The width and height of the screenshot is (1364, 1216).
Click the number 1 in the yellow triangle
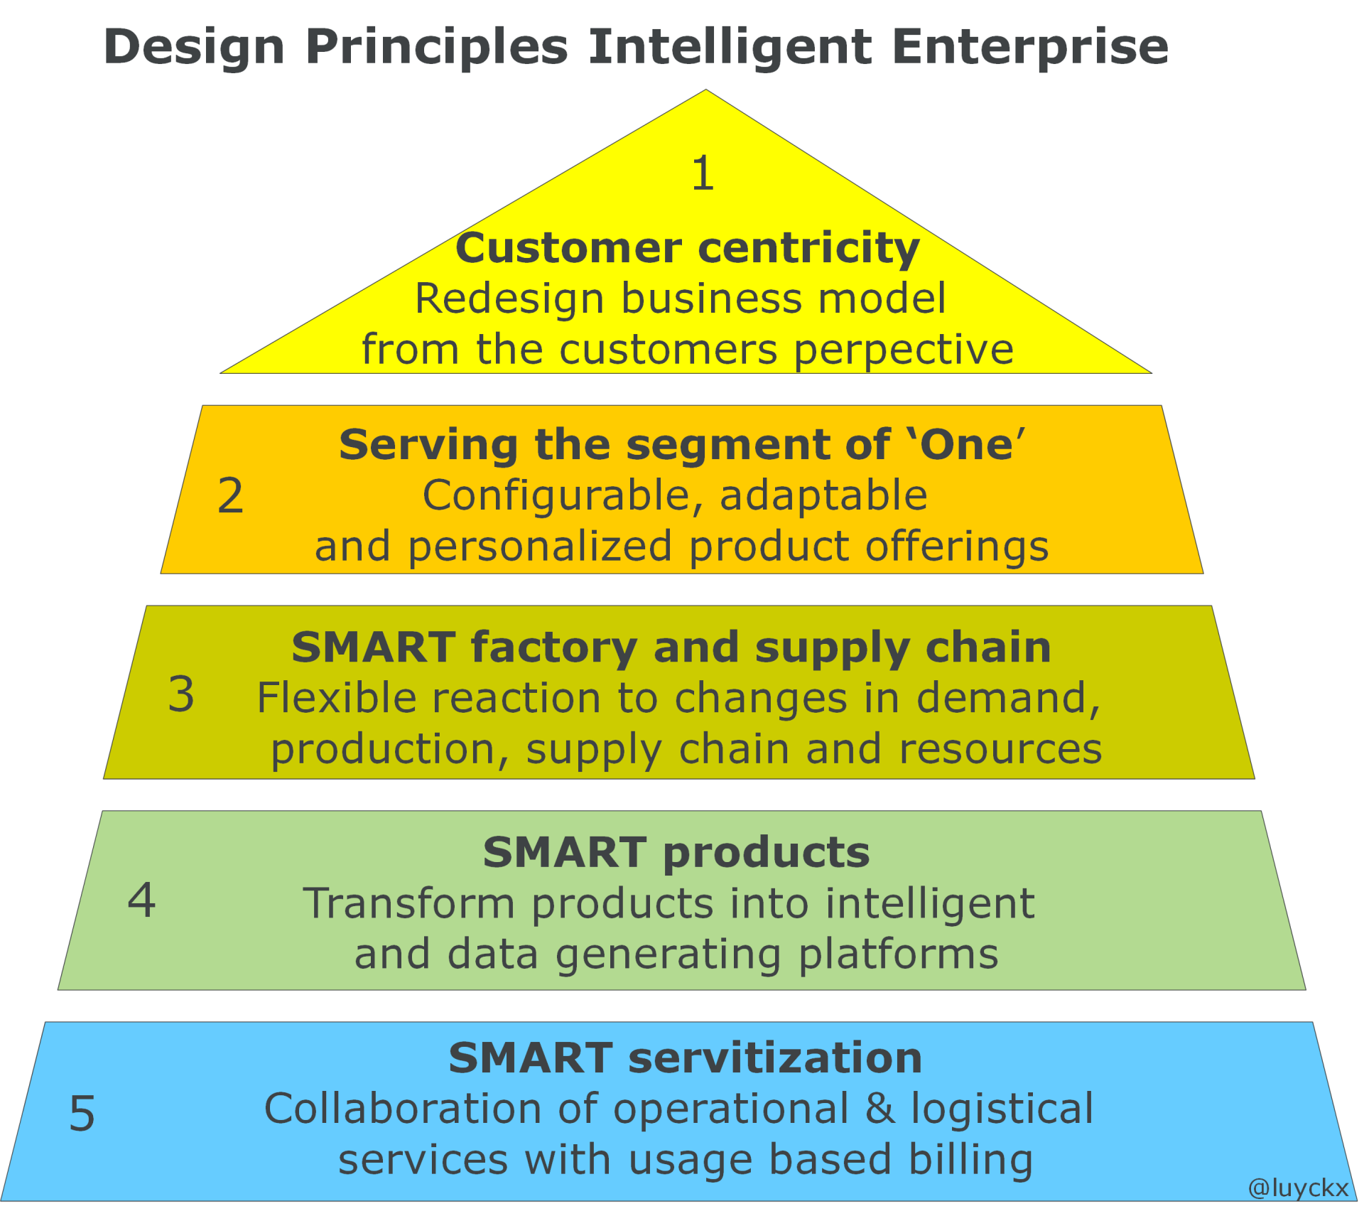[x=703, y=173]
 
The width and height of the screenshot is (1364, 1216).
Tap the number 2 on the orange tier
[x=230, y=495]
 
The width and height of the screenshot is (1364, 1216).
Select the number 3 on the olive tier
[x=181, y=694]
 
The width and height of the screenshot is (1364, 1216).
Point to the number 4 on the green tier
[x=141, y=900]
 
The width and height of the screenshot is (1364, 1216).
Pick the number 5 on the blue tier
[x=82, y=1112]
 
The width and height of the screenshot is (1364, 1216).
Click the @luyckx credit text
[x=1298, y=1188]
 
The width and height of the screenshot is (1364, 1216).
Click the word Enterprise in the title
[x=1030, y=48]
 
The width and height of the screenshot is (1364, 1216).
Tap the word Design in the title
[x=194, y=48]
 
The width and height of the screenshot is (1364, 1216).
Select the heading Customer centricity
[x=688, y=248]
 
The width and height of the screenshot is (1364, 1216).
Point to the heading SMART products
[x=676, y=852]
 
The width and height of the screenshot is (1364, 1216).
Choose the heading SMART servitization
[x=686, y=1058]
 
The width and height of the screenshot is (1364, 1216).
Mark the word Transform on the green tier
[x=409, y=903]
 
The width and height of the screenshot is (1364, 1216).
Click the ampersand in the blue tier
[x=879, y=1109]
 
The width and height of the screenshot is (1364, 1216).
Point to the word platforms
[x=899, y=955]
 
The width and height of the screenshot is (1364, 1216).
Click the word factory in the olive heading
[x=553, y=648]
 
